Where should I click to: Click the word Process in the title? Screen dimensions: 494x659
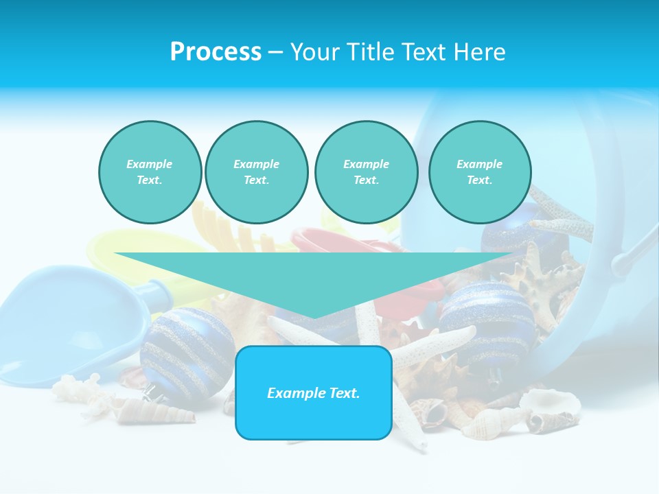(x=216, y=52)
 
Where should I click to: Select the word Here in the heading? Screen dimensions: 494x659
(x=478, y=52)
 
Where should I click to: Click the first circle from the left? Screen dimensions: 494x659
(x=150, y=172)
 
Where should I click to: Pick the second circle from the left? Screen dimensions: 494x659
(x=257, y=172)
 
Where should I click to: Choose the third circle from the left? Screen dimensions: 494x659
(x=367, y=172)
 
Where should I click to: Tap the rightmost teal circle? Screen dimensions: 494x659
(x=480, y=172)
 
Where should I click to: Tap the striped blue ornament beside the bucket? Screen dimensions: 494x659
(x=487, y=319)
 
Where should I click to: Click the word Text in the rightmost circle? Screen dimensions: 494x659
(x=479, y=180)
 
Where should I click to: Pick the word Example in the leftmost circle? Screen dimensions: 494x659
(x=149, y=164)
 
